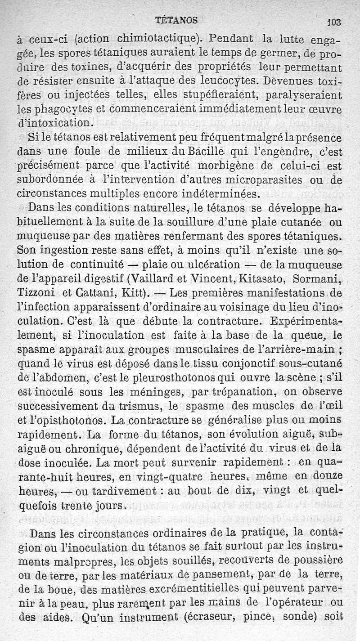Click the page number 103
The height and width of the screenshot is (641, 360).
pos(335,22)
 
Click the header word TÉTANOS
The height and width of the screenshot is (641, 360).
pos(176,20)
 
